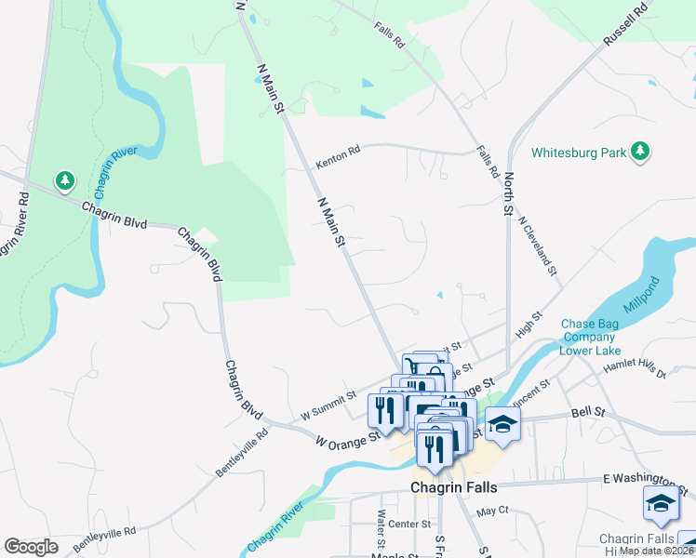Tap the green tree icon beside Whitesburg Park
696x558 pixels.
[x=639, y=152]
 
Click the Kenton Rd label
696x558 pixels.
[x=337, y=157]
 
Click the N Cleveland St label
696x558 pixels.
[x=539, y=246]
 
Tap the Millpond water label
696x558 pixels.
[x=658, y=296]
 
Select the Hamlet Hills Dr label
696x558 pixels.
[x=636, y=368]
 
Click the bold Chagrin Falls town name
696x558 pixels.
[x=454, y=487]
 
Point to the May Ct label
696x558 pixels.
[x=492, y=511]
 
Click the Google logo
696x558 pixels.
[x=31, y=547]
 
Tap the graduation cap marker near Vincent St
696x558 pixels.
[x=502, y=424]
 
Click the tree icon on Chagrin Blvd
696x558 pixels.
[x=63, y=179]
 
